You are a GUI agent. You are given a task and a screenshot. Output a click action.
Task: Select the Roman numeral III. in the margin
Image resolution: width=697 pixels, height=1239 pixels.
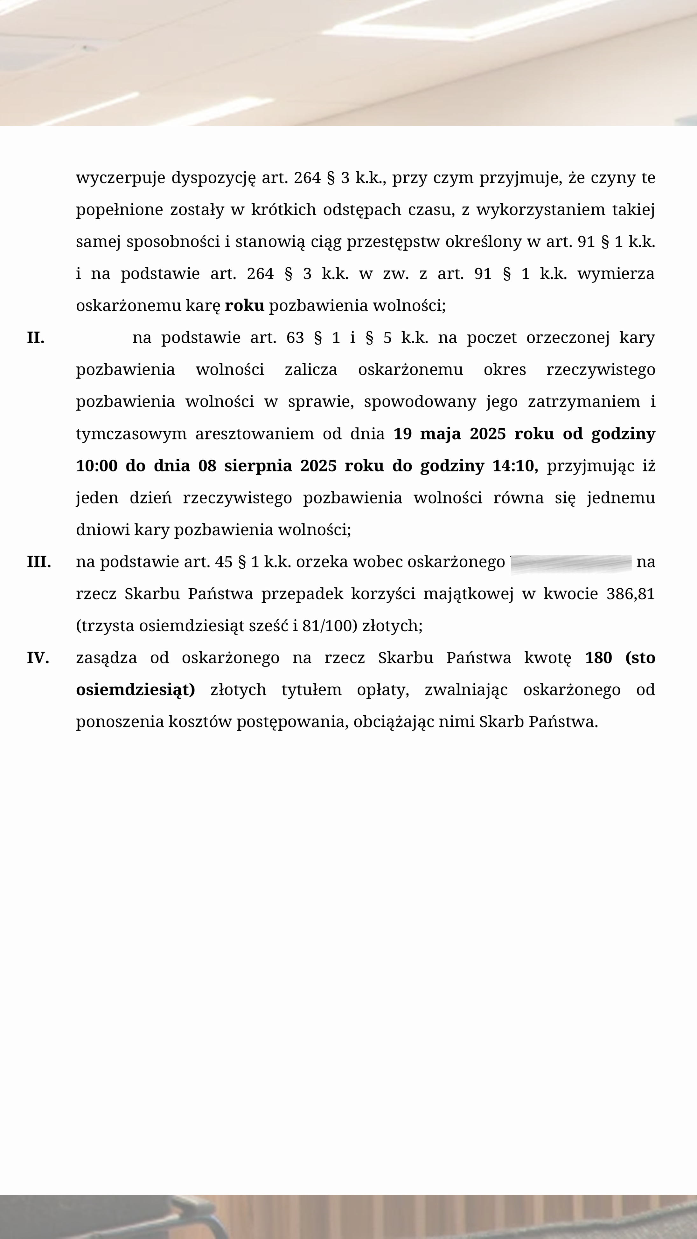point(38,562)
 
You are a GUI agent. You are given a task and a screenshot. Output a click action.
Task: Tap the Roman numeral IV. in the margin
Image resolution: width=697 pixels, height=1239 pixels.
point(38,658)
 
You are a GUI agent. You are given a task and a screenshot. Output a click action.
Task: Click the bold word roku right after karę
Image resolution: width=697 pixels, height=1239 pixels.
point(244,305)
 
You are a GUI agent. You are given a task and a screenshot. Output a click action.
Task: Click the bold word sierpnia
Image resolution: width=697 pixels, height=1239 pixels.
point(258,466)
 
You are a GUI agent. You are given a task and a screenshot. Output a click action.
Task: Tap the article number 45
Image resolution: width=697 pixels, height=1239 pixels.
point(224,562)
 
